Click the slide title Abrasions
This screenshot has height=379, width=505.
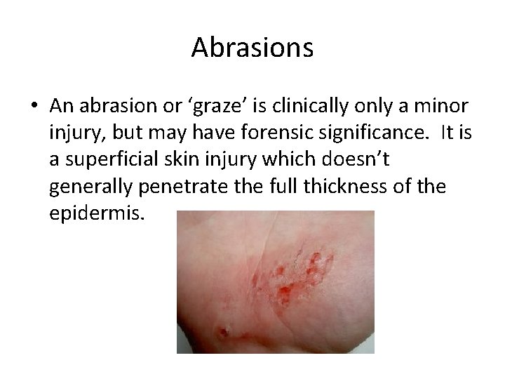click(x=252, y=48)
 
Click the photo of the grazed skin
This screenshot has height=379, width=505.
click(x=275, y=281)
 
